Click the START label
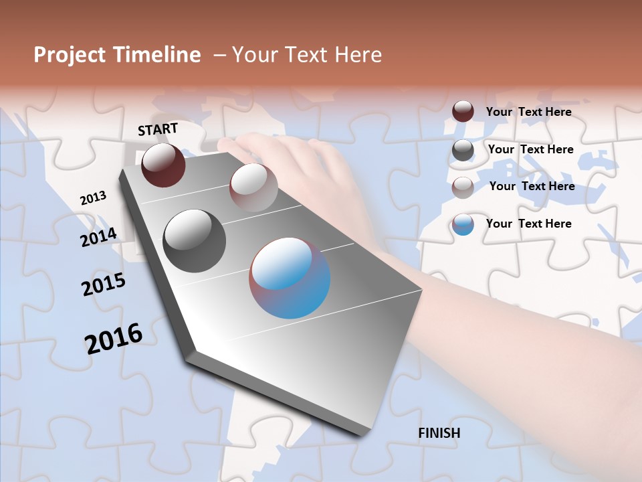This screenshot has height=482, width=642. click(x=158, y=129)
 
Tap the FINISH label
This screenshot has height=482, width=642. click(x=439, y=433)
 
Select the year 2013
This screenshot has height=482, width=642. click(x=93, y=198)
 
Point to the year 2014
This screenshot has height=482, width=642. click(x=98, y=237)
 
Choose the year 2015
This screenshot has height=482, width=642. click(x=104, y=285)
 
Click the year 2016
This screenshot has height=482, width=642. click(x=114, y=339)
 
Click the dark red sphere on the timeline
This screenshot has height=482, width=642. click(x=163, y=165)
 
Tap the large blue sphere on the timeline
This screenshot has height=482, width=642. click(x=290, y=278)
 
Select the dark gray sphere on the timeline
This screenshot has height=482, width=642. click(x=195, y=241)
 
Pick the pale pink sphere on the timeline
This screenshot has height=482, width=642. click(x=253, y=187)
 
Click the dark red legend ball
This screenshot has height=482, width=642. click(x=463, y=111)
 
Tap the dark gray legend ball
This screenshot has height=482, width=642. click(x=463, y=150)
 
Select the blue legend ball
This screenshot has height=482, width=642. click(x=463, y=224)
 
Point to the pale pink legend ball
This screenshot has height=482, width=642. click(x=463, y=187)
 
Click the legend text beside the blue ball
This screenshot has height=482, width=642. click(x=529, y=224)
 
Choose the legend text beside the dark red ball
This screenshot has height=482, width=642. click(x=529, y=112)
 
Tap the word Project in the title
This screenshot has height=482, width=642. click(x=69, y=55)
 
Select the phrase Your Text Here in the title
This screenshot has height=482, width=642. click(x=307, y=55)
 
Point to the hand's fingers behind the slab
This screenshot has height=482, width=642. click(x=267, y=144)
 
